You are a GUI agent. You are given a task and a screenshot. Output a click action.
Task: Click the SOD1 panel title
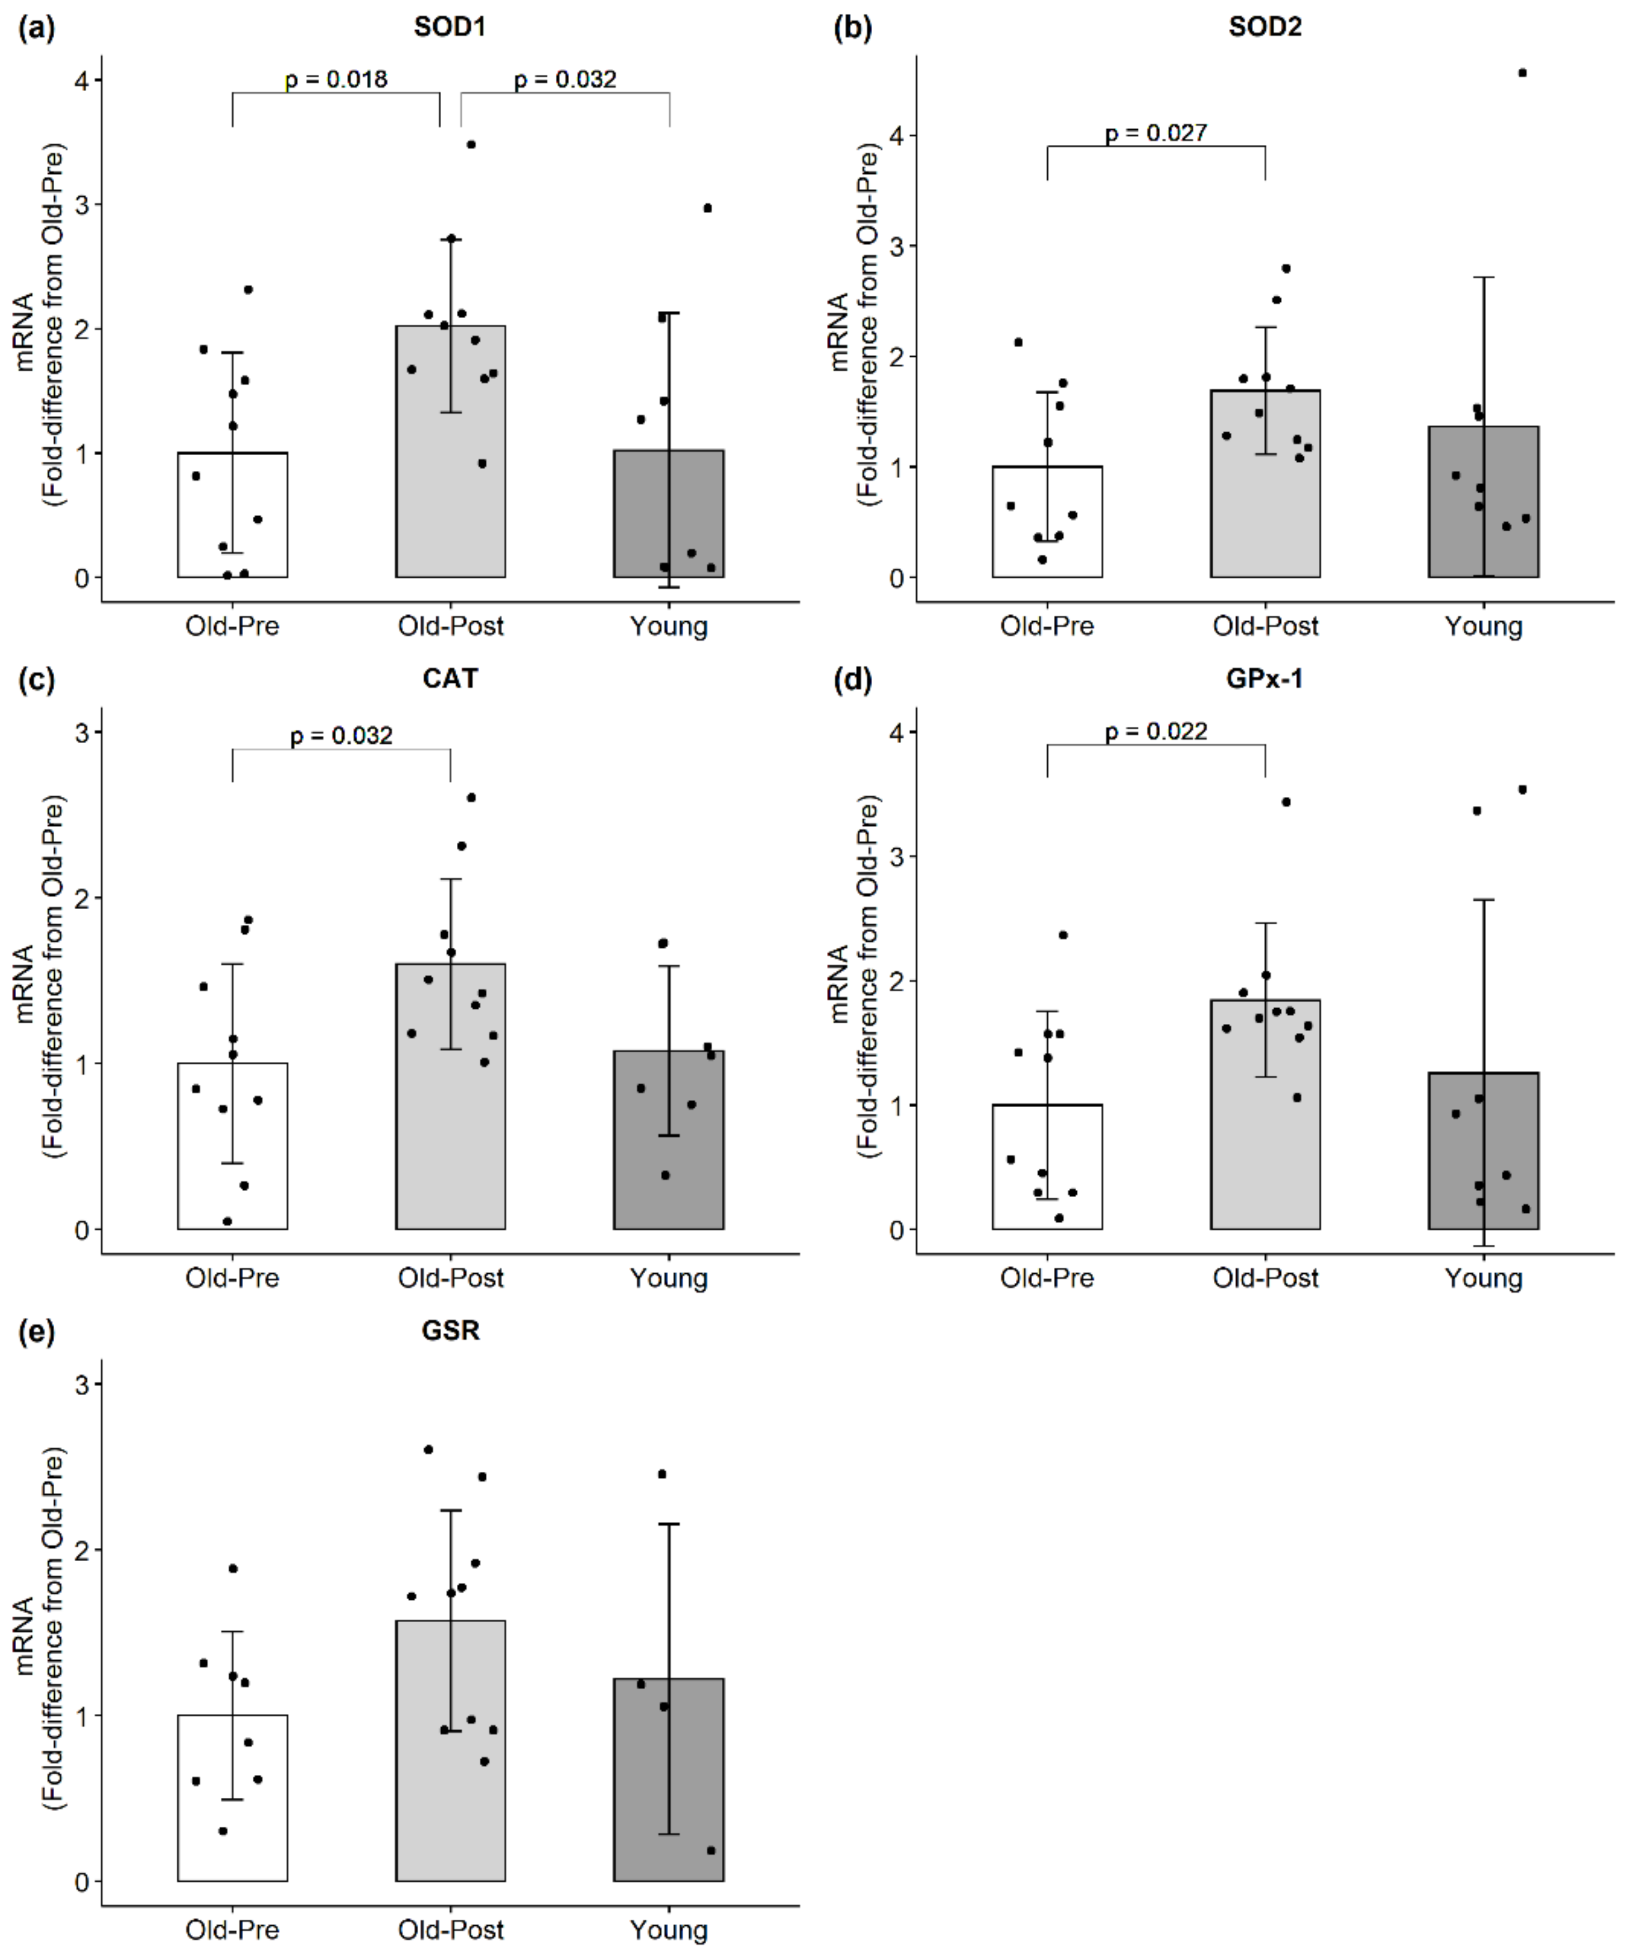(450, 27)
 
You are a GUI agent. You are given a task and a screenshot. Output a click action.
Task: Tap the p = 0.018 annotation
(336, 80)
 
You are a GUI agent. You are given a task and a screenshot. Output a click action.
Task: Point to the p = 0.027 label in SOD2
(1156, 133)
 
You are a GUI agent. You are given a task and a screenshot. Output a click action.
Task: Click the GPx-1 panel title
(1264, 678)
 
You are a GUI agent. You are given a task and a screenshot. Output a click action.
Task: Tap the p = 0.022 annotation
(1156, 732)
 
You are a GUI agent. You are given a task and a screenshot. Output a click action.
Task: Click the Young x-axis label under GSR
(668, 1929)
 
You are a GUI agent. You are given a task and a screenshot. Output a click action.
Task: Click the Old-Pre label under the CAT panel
(232, 1278)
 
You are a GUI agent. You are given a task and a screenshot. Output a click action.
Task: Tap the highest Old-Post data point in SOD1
(471, 144)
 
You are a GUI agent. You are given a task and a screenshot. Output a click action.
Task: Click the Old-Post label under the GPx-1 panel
(1265, 1278)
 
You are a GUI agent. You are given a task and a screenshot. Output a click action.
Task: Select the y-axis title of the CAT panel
(37, 978)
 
